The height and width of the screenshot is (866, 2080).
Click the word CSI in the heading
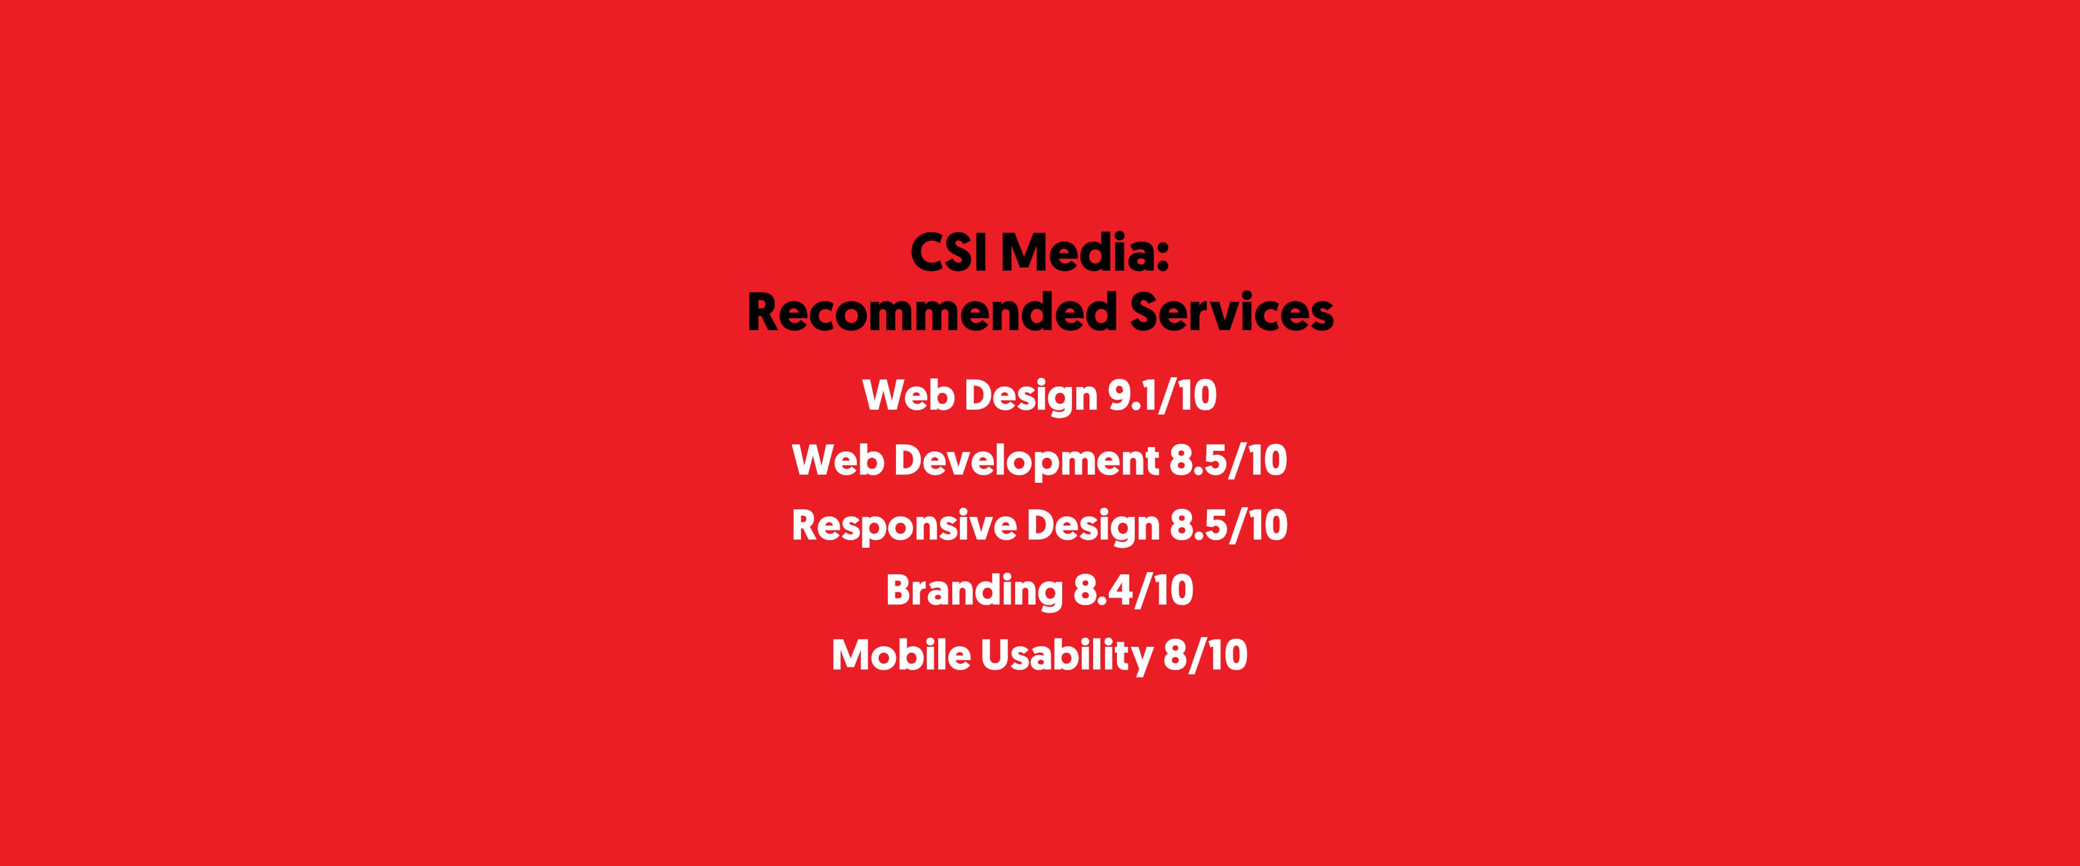[x=949, y=253]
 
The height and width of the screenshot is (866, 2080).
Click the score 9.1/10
[x=1161, y=396]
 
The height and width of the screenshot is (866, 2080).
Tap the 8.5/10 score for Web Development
[x=1228, y=461]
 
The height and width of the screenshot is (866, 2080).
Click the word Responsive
[x=905, y=526]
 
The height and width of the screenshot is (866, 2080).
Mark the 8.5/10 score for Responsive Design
[x=1228, y=526]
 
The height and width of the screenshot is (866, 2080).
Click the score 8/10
[x=1205, y=655]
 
